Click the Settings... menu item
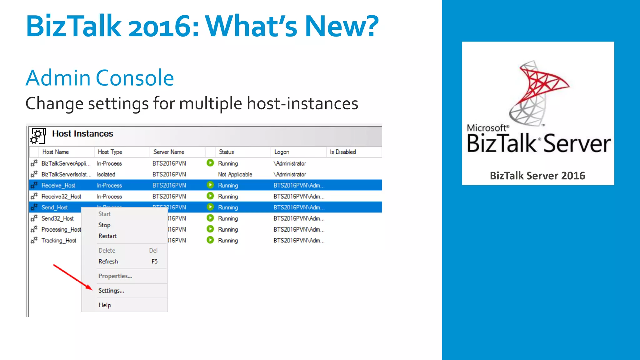[x=111, y=291]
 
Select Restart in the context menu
[x=107, y=236]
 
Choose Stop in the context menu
[x=104, y=225]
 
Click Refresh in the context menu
[x=108, y=262]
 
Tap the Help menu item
[x=105, y=305]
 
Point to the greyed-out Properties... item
[x=115, y=276]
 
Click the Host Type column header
[x=110, y=152]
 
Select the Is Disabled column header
[x=343, y=152]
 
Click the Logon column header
[x=282, y=152]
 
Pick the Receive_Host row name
[x=58, y=185]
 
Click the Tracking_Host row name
[x=59, y=240]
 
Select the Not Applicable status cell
[x=235, y=174]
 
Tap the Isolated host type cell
[x=106, y=174]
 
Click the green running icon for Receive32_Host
[x=210, y=196]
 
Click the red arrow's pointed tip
[x=92, y=289]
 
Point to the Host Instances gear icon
[x=38, y=136]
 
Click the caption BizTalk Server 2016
[x=537, y=176]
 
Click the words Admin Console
[x=100, y=78]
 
